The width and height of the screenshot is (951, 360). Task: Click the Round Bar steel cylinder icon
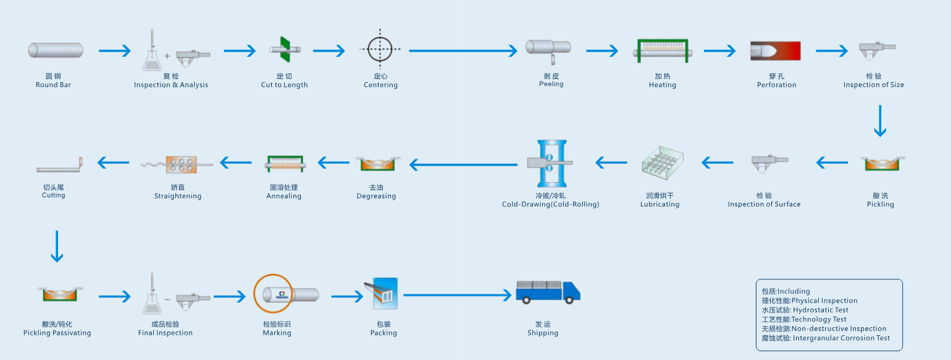tap(56, 51)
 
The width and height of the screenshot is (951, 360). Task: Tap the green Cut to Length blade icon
tap(284, 49)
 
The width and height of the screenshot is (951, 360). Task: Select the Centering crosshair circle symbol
tap(380, 49)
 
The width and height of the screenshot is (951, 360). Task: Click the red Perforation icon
tap(776, 51)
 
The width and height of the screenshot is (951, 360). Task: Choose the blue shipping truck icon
tap(548, 291)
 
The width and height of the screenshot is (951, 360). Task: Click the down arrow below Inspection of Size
tap(880, 121)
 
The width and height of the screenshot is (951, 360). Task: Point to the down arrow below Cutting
tap(57, 246)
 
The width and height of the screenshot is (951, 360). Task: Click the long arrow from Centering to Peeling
tap(463, 51)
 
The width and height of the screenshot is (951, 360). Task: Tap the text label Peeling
tap(551, 85)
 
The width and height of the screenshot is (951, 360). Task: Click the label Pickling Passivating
tap(57, 333)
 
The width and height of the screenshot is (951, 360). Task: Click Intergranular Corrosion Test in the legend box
tap(826, 338)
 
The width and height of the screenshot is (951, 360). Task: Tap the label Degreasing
tap(376, 196)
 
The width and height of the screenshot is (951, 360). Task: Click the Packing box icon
tap(384, 294)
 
